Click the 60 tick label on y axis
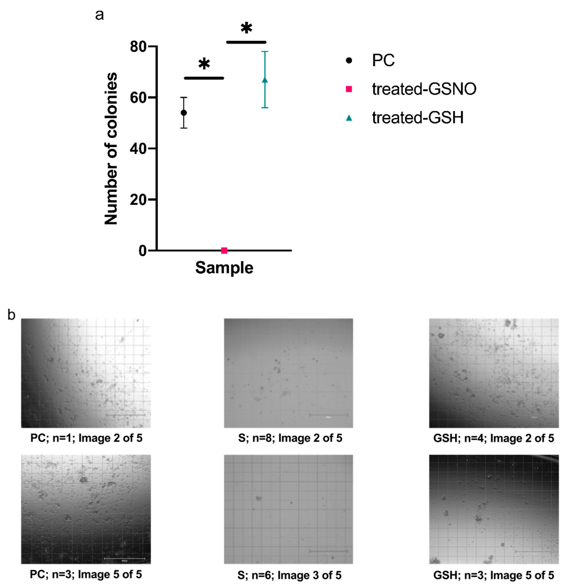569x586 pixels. [x=138, y=98]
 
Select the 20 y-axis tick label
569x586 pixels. [x=138, y=200]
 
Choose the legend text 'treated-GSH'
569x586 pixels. [x=417, y=118]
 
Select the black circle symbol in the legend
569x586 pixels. [x=349, y=60]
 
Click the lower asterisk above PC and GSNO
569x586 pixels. [x=204, y=64]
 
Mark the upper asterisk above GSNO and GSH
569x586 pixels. [x=246, y=28]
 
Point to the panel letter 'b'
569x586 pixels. [x=11, y=315]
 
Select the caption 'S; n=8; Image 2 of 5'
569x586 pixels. [x=290, y=438]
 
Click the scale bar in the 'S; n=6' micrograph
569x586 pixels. [x=328, y=551]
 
